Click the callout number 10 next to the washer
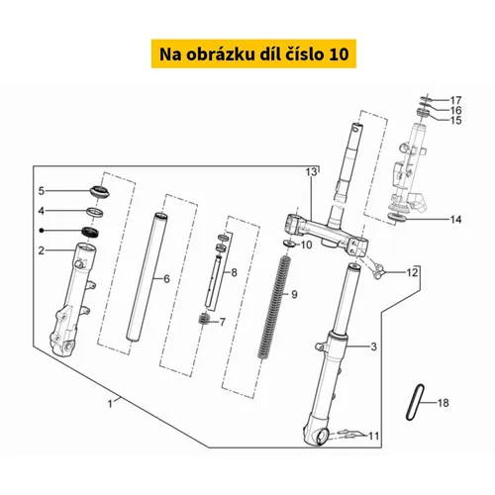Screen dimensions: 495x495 click(307, 245)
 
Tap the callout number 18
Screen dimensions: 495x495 click(444, 403)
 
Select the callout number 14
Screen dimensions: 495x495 click(455, 220)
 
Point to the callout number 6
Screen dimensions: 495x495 click(166, 279)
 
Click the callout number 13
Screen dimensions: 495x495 click(311, 172)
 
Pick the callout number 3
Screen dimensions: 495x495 click(373, 346)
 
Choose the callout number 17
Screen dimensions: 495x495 click(456, 100)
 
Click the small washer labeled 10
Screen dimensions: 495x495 click(290, 245)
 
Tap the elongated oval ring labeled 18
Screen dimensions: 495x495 click(415, 403)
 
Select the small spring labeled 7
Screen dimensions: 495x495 click(204, 320)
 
